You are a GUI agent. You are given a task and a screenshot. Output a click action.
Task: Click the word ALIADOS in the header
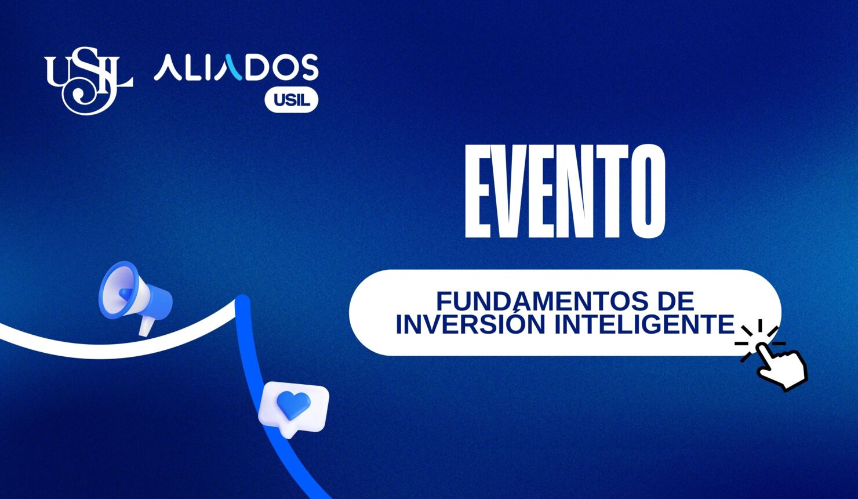pos(235,68)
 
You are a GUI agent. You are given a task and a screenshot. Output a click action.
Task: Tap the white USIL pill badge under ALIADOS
pos(292,100)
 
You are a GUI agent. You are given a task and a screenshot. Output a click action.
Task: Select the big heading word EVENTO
pos(565,191)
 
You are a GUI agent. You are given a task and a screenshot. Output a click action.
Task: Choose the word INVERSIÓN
pos(470,324)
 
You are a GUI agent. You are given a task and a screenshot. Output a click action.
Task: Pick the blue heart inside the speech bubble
pos(293,404)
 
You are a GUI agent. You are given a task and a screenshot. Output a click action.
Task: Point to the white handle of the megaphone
pos(146,327)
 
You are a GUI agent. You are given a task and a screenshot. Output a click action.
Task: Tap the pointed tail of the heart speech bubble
pos(289,433)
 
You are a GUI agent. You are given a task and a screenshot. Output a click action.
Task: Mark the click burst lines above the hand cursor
pos(757,337)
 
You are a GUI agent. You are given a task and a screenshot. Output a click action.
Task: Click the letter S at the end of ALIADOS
pos(308,68)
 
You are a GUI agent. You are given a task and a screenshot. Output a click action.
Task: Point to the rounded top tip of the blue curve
pos(242,302)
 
